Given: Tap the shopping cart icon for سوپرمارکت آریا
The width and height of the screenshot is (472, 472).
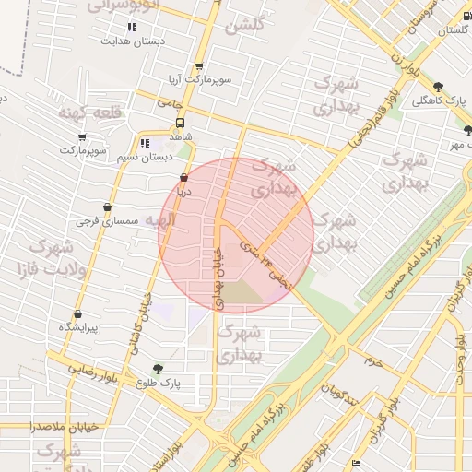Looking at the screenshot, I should click(198, 66).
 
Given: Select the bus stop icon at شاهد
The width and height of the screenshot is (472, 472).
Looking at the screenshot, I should click(180, 121).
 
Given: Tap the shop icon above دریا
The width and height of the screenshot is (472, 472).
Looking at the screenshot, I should click(183, 178).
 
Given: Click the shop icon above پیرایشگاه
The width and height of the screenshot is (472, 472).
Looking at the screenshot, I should click(77, 314).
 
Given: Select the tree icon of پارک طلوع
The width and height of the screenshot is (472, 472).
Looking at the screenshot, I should click(159, 369).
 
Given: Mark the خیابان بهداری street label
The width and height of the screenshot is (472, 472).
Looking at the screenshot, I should click(218, 277).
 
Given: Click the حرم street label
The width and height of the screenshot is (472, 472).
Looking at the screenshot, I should click(372, 360).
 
